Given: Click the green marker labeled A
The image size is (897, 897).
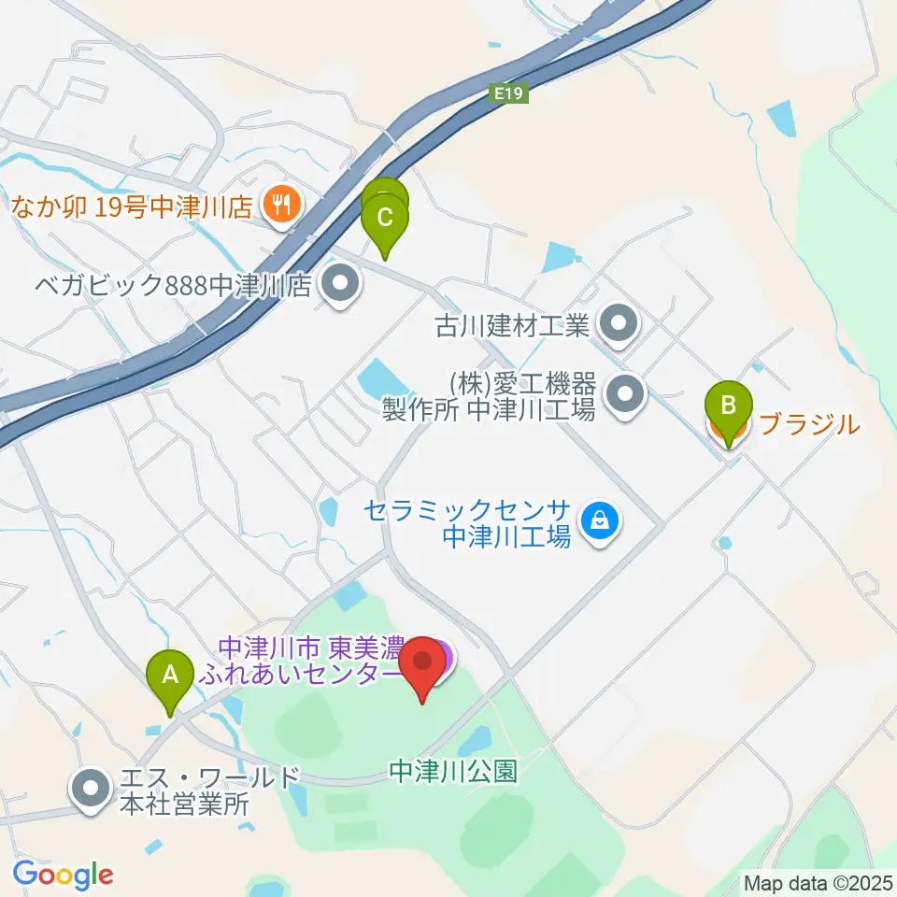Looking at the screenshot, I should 170,675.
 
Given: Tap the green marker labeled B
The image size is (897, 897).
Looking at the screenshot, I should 732,407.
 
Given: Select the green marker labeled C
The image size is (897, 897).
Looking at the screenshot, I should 385,221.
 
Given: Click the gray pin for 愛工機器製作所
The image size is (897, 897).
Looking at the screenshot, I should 625,393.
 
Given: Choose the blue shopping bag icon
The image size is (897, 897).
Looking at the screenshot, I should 596,521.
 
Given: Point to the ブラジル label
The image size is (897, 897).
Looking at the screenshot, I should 809,424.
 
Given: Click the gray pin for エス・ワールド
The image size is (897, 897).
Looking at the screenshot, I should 90,790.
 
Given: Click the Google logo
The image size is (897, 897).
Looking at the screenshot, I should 63,874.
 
